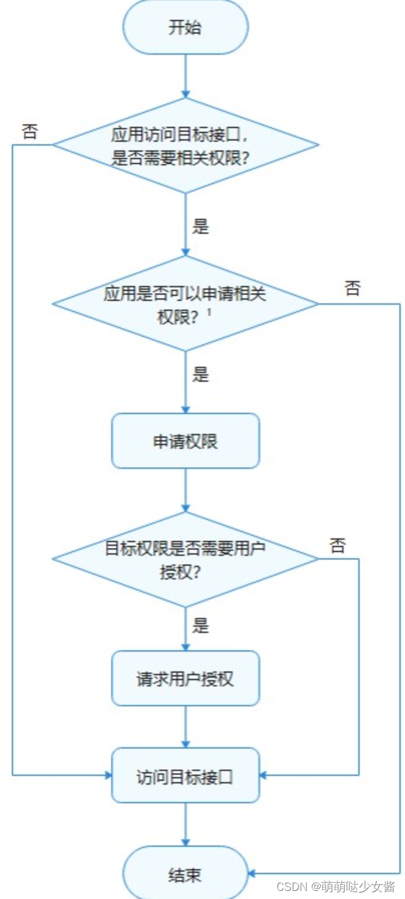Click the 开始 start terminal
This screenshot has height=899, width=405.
(x=185, y=27)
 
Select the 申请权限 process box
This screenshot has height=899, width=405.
(x=185, y=441)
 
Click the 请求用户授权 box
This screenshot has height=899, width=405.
(x=185, y=678)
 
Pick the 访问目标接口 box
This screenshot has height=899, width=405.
(x=185, y=776)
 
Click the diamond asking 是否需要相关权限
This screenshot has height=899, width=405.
(x=185, y=145)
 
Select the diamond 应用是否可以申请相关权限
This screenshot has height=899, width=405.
(x=185, y=304)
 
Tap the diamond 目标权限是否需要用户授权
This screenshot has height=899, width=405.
(x=185, y=559)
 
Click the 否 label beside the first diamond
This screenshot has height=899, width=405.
(x=29, y=131)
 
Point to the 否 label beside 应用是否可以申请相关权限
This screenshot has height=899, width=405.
(x=352, y=288)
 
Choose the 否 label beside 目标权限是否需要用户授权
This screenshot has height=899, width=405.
(x=337, y=546)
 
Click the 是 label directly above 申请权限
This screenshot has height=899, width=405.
(x=201, y=375)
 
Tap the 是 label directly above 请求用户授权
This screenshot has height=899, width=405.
(x=201, y=625)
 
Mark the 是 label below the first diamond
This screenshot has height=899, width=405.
(x=201, y=226)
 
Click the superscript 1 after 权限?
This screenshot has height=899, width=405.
(x=209, y=313)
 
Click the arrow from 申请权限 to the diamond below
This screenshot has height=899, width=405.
(x=185, y=490)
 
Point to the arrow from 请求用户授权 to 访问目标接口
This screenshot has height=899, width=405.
(x=185, y=727)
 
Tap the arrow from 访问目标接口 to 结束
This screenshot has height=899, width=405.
(x=185, y=824)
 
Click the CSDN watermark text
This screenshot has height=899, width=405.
(x=335, y=886)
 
